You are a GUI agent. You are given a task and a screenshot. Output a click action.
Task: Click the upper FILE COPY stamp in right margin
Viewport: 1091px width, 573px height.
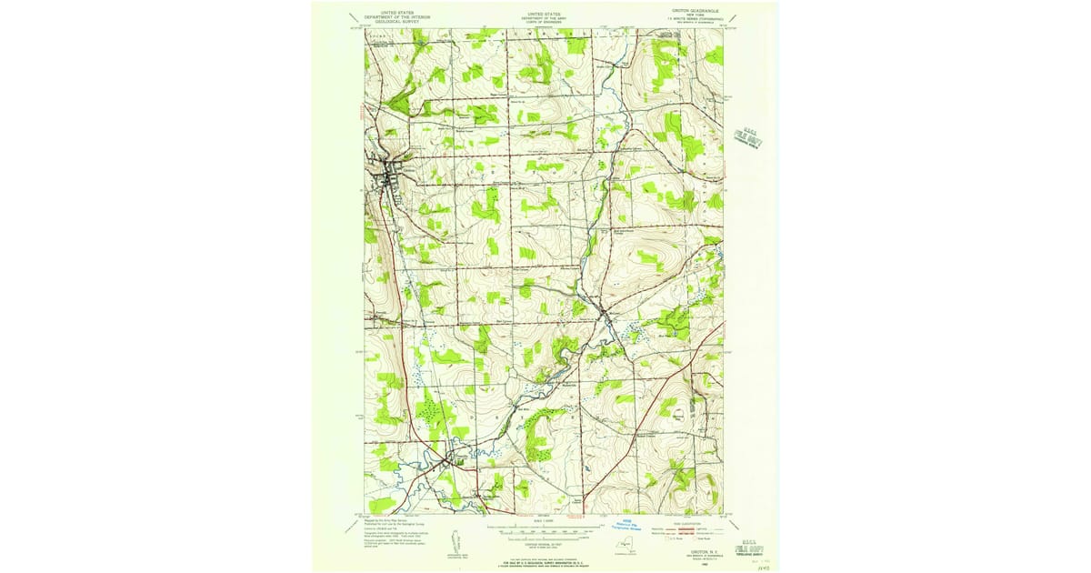(x=747, y=137)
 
